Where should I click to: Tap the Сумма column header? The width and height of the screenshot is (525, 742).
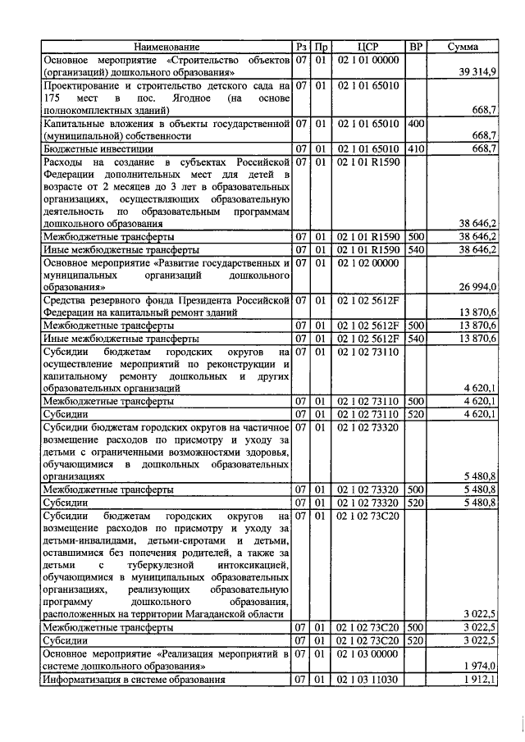click(x=463, y=48)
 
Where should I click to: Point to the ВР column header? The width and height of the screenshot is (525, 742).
click(x=416, y=48)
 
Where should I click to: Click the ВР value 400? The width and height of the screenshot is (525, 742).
click(x=415, y=123)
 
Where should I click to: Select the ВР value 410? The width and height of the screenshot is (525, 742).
click(x=415, y=148)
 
